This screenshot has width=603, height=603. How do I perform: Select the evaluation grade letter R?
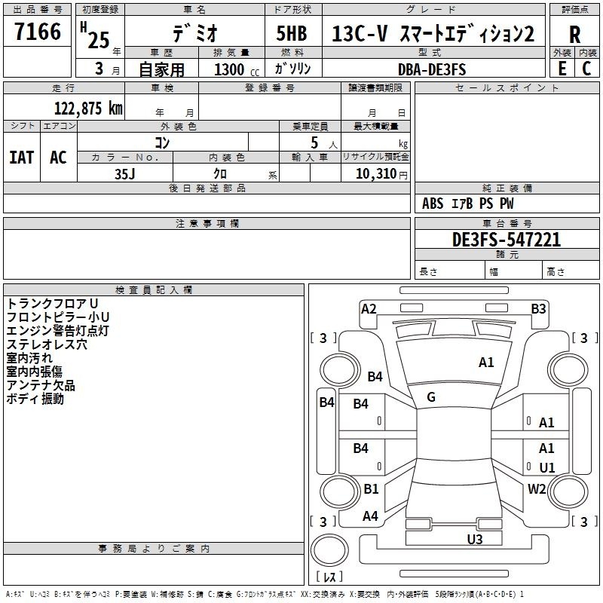pos(574,35)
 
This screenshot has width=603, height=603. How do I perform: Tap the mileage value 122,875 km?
pos(89,108)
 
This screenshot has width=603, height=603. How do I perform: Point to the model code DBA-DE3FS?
pos(433,69)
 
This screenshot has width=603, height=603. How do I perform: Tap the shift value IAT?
pos(21,158)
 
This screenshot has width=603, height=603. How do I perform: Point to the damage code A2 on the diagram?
pos(369,308)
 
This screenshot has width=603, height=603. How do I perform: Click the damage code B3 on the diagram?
pos(538,308)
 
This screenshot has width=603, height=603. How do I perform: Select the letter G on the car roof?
pos(431,397)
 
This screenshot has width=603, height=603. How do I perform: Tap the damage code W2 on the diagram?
pos(537,488)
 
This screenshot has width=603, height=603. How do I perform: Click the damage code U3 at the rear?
pos(475,539)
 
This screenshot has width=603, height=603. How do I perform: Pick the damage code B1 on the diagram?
pos(372,488)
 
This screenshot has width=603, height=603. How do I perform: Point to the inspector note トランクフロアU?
pos(52,303)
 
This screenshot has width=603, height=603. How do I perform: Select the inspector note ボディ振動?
pos(35,399)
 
